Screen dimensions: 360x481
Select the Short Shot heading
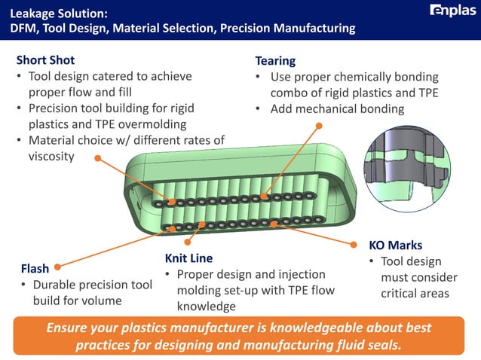[x=45, y=60]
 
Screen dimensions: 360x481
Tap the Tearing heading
[x=275, y=60]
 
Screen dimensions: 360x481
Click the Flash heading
[x=35, y=268]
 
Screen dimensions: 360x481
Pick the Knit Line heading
[x=188, y=258]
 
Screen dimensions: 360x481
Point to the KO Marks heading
[x=395, y=246]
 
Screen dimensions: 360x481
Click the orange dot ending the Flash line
[x=57, y=265]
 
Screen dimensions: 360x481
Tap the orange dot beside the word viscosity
[x=97, y=157]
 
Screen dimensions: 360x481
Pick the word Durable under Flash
[x=56, y=285]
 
